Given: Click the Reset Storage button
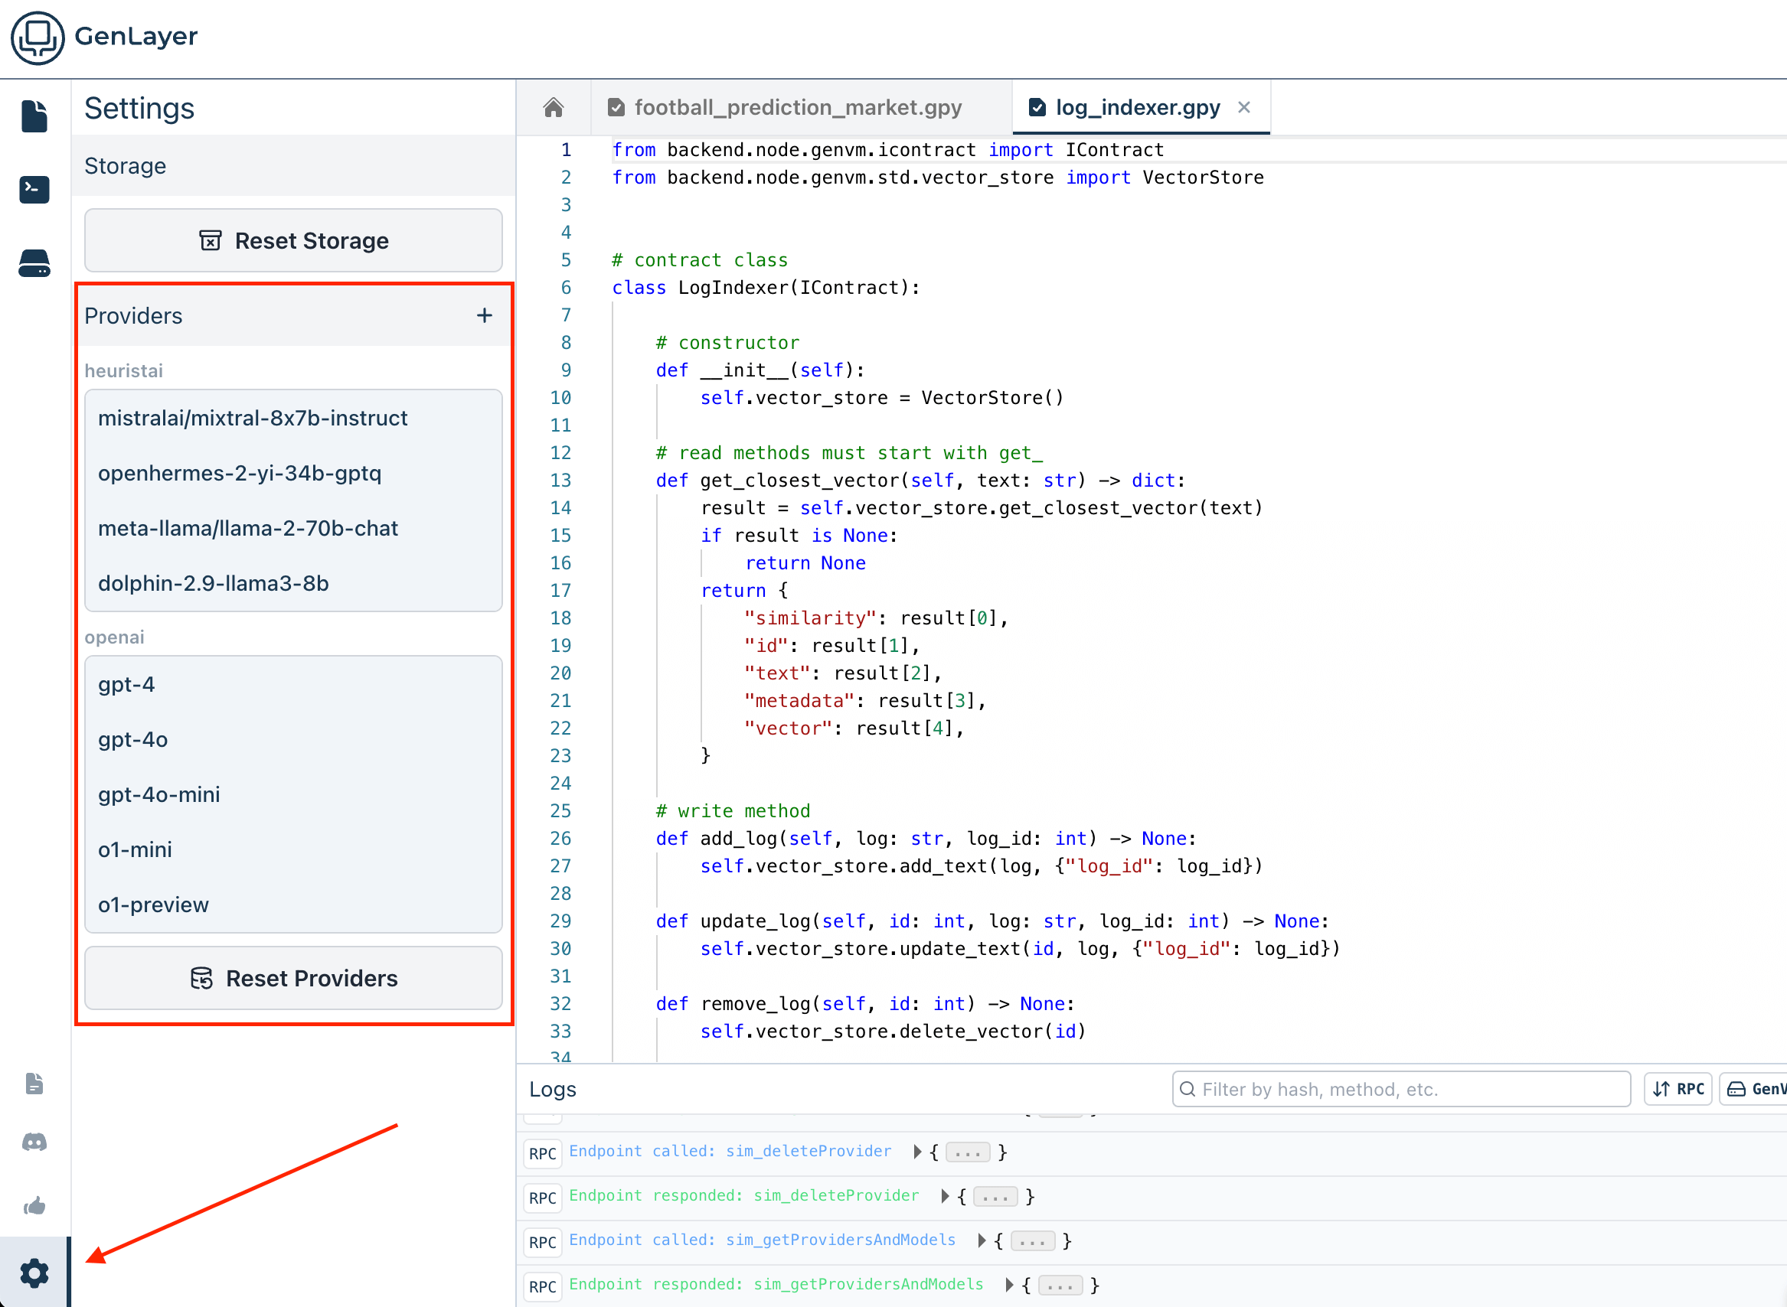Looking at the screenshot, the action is tap(292, 240).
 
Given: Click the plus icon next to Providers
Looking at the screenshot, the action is tap(485, 316).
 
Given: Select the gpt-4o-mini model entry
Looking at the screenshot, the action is tap(159, 794).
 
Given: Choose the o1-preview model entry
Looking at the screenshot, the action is tap(154, 904).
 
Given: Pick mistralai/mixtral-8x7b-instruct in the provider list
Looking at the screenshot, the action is tap(253, 418).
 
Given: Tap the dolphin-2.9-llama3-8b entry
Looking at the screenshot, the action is tap(214, 583).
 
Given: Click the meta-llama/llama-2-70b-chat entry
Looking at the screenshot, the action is tap(248, 528).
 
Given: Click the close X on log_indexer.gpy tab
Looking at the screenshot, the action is tap(1244, 107).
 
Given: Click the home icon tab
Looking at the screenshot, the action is tap(554, 107).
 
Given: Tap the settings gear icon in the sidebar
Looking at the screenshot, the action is tap(34, 1273).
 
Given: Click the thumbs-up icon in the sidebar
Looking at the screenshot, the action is tap(34, 1205).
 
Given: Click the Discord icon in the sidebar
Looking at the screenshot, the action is tap(34, 1142).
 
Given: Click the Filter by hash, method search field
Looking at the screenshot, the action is tap(1401, 1090).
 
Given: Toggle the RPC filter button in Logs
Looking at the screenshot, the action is tap(1678, 1090).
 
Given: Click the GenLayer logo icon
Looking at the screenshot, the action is tap(38, 37).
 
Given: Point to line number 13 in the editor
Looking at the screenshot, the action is tap(560, 481).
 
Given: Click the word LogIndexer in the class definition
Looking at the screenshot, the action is tap(733, 287).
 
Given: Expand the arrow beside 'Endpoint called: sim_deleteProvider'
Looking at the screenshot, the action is tap(917, 1152).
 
